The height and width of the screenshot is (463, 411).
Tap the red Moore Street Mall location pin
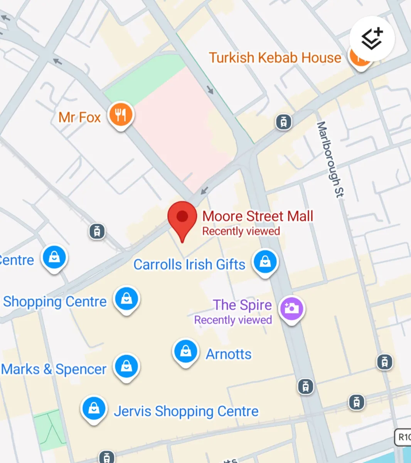click(182, 218)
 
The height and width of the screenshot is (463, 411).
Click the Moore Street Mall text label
click(258, 216)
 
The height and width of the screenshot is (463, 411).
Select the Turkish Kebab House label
click(275, 58)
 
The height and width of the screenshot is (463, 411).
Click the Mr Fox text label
click(79, 117)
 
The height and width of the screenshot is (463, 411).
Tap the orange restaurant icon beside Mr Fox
click(121, 114)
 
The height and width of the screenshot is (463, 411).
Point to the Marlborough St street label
click(330, 159)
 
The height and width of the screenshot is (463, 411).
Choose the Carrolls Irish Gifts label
click(189, 265)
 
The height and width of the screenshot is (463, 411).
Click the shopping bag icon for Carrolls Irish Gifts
click(265, 262)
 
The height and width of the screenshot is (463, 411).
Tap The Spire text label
click(243, 305)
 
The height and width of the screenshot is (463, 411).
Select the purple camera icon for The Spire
click(291, 308)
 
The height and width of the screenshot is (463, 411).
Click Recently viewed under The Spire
click(233, 320)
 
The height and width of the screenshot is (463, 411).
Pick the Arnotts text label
click(229, 354)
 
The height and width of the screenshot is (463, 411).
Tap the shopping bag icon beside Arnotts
click(186, 351)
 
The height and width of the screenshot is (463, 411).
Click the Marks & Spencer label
click(54, 369)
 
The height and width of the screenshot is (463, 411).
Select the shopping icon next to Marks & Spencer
click(126, 366)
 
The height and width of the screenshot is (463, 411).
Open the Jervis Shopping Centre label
click(186, 411)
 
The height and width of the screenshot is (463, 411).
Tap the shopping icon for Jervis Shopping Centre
click(94, 409)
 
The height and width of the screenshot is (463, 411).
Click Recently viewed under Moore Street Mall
click(241, 231)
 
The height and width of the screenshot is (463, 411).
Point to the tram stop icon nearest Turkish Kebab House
click(284, 122)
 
